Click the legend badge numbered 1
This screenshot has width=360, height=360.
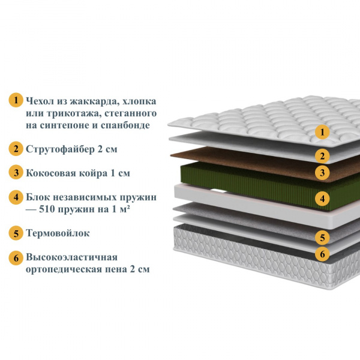[16, 100]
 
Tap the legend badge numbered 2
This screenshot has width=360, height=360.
[16, 149]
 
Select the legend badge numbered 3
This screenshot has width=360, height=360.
[16, 172]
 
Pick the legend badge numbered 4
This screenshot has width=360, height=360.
[16, 197]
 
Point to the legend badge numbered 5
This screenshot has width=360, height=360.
[16, 233]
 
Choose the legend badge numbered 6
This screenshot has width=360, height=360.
[16, 258]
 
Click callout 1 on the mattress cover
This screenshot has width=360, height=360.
[322, 132]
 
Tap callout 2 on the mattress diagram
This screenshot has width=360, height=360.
[322, 156]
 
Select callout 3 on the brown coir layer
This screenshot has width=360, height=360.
[322, 173]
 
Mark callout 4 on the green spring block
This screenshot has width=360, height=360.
[322, 199]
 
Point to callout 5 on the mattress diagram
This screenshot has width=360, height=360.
[322, 238]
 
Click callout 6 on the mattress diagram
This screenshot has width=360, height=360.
[322, 254]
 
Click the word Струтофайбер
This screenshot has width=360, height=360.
[60, 149]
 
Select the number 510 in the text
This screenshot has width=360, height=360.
[47, 209]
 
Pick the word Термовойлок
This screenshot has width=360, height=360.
[58, 233]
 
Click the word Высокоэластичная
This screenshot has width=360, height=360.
[71, 257]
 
